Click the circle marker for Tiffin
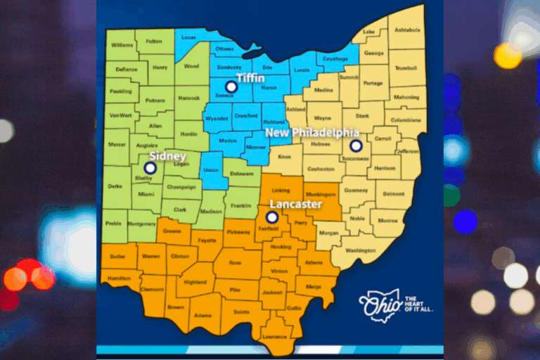point(231,87)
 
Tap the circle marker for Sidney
point(149,168)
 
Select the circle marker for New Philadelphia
point(356,146)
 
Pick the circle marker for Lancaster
point(272,217)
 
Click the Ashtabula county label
point(407,30)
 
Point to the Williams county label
point(122,45)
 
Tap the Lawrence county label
point(275,336)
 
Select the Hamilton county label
point(120,278)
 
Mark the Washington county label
point(361,250)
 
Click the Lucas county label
point(188,37)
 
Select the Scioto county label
point(241,311)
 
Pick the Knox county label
point(285,157)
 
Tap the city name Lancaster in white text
point(295,204)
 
